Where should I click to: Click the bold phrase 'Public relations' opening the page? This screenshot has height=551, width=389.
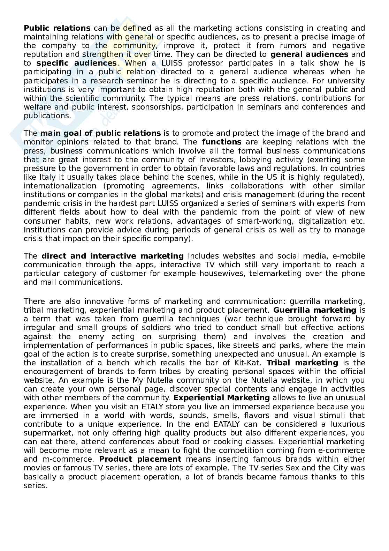tap(57, 28)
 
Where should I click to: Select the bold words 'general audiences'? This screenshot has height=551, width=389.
tap(309, 54)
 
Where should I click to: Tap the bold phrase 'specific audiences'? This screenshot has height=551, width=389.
tap(76, 63)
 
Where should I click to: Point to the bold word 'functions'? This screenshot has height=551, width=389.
tap(221, 142)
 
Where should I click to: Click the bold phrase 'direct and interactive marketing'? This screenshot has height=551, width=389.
tap(112, 256)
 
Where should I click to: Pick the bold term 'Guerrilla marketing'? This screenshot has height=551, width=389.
tap(314, 310)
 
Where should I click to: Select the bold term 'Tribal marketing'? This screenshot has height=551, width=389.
tap(302, 363)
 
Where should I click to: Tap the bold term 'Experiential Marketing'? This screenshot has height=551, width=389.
tap(221, 398)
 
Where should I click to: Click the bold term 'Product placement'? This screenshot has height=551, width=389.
tap(140, 459)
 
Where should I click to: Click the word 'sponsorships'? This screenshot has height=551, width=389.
tap(157, 107)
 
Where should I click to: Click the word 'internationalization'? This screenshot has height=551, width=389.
tap(60, 186)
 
